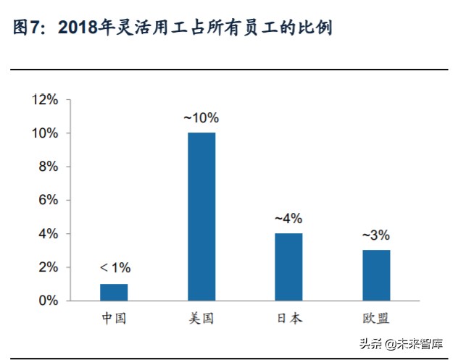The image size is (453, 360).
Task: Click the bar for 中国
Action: point(114,292)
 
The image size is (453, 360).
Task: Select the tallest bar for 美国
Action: point(201,216)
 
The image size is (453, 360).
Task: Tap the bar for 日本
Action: point(288,267)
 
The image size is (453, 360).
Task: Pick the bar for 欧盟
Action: point(375,275)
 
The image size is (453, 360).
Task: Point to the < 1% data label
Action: point(115,269)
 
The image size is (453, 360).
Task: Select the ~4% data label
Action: point(288,218)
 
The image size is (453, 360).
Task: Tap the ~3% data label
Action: point(375,235)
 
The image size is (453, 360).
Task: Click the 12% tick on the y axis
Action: point(45,100)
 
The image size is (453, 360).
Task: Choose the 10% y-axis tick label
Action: point(45,133)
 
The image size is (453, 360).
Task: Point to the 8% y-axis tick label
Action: point(48,167)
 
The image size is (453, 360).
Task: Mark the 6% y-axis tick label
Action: point(48,200)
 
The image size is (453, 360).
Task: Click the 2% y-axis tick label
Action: point(48,267)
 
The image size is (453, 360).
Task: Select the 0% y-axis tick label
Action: point(48,301)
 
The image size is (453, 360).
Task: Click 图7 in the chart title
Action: point(29,29)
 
